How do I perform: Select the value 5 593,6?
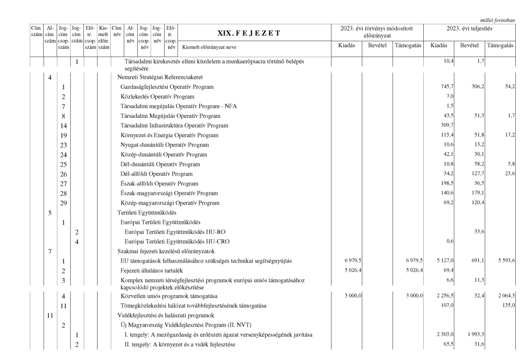(504, 261)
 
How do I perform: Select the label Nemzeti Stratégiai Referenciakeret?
(154, 77)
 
